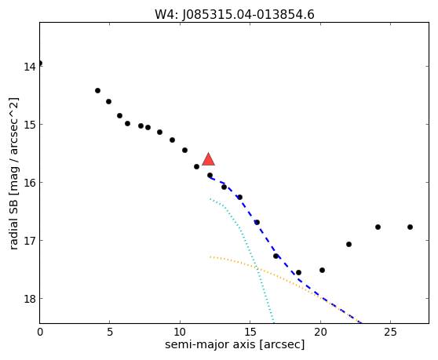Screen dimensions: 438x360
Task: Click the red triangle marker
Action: pos(208,159)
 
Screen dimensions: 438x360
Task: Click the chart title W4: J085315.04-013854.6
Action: pos(235,14)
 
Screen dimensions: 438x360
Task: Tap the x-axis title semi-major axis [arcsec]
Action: pos(235,344)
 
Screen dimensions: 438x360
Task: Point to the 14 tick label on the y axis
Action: pos(29,67)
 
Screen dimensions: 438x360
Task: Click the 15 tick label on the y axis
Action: pos(29,125)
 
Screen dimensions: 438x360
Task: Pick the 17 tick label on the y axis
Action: pos(29,240)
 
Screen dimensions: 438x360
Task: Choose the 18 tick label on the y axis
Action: pos(29,299)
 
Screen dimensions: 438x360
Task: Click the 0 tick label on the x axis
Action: pos(40,332)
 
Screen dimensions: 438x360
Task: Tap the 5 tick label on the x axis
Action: pos(110,332)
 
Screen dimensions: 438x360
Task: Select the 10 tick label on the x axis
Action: pos(180,332)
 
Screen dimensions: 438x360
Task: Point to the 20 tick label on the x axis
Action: pos(320,332)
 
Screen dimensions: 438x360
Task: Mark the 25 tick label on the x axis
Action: pos(391,332)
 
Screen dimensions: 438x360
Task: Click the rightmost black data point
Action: pos(410,227)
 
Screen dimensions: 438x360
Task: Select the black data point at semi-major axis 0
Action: pos(40,63)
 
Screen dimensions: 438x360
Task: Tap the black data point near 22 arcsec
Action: pos(349,245)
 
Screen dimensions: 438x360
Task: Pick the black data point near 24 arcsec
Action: pos(378,227)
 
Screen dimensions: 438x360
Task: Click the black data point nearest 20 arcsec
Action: pos(322,270)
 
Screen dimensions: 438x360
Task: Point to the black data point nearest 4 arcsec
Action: pos(97,91)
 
